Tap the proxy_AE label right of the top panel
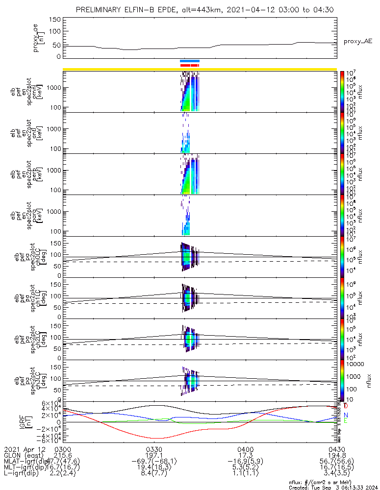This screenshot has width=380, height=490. pyautogui.click(x=357, y=42)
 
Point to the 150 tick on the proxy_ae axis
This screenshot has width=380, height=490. pyautogui.click(x=55, y=20)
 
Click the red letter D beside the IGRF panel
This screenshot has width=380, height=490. pyautogui.click(x=346, y=406)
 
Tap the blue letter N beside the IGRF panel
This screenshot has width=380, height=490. pyautogui.click(x=346, y=415)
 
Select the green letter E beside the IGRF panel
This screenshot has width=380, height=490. pyautogui.click(x=346, y=421)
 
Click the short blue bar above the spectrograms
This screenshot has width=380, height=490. pyautogui.click(x=190, y=61)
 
